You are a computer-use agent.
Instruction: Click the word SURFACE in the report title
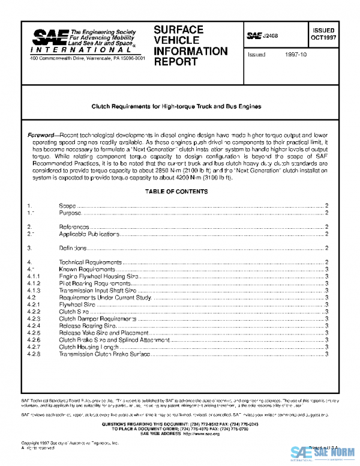coord(178,29)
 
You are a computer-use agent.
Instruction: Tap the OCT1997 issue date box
coord(323,35)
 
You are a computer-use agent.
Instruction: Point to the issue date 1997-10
coord(296,54)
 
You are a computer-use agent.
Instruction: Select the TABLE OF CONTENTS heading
coord(176,192)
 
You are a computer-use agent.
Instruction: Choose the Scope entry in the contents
coord(67,206)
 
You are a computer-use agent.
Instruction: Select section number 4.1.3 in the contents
coord(34,290)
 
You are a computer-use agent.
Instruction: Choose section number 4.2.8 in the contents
coord(34,354)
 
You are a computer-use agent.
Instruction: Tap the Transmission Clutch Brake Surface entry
coord(104,354)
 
